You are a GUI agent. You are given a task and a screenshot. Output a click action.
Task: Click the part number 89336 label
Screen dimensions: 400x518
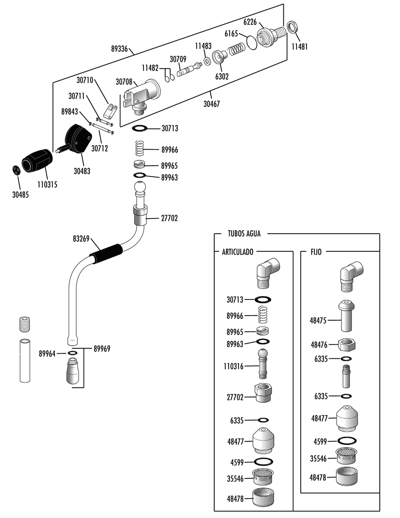(x=119, y=49)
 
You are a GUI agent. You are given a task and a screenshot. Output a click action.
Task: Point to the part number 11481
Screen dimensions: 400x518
(x=299, y=47)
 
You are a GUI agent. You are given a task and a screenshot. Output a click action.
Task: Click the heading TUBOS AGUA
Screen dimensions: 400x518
(x=244, y=234)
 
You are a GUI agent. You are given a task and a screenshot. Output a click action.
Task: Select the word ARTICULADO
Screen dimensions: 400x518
(x=238, y=252)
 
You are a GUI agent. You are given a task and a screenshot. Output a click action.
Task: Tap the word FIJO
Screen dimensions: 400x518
(x=316, y=252)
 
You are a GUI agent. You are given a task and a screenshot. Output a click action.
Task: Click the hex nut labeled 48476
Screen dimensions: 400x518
(x=346, y=344)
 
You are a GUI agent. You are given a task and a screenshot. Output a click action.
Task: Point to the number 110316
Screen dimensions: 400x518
(x=233, y=366)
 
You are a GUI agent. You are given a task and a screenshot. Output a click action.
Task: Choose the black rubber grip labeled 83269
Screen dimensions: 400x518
(x=107, y=254)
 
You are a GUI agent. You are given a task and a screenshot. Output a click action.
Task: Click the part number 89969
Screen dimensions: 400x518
(x=102, y=348)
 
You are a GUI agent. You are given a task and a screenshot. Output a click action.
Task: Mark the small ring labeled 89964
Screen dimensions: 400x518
(x=72, y=353)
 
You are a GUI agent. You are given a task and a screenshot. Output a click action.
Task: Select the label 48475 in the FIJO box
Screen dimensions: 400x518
(x=318, y=320)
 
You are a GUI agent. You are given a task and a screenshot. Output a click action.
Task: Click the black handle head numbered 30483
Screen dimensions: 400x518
(x=79, y=139)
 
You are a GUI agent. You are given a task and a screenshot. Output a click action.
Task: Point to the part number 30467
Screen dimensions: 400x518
(x=212, y=104)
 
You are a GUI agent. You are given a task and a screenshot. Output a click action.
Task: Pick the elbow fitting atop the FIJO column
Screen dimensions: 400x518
(x=352, y=276)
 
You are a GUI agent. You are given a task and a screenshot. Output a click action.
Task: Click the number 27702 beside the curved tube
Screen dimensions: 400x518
(x=169, y=218)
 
